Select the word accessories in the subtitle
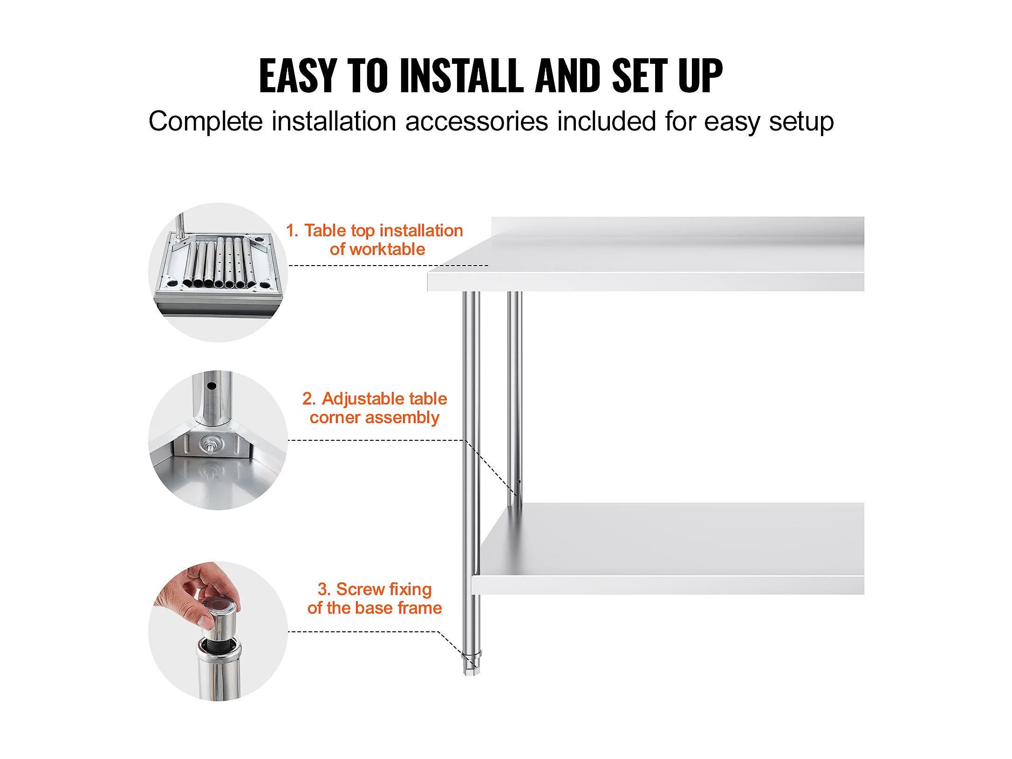(x=477, y=122)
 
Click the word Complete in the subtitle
(x=205, y=122)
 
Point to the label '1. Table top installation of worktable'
(x=375, y=239)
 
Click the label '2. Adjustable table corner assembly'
(x=375, y=408)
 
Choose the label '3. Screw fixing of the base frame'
(x=375, y=598)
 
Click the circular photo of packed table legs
(x=218, y=273)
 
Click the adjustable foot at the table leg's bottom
(x=471, y=663)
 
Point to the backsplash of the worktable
(x=678, y=227)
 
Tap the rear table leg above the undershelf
(x=515, y=398)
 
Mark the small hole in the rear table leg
(x=520, y=481)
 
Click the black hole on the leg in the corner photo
(x=211, y=386)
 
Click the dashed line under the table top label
(x=389, y=266)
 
